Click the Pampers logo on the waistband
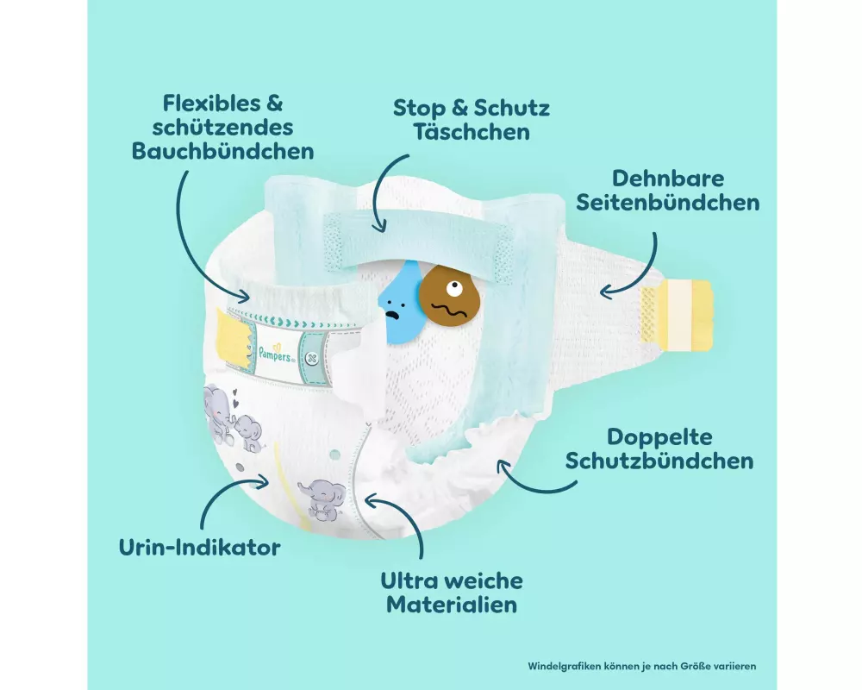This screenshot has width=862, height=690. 277,349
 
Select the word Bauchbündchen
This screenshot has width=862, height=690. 222,151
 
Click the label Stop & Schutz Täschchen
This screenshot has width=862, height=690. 471,120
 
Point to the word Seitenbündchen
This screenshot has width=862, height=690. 668,203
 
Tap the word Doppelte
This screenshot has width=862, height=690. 659,437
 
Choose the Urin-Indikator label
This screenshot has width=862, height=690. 200,547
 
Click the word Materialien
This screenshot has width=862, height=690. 452,604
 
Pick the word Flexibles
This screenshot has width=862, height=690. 210,104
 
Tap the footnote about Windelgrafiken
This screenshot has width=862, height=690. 641,666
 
